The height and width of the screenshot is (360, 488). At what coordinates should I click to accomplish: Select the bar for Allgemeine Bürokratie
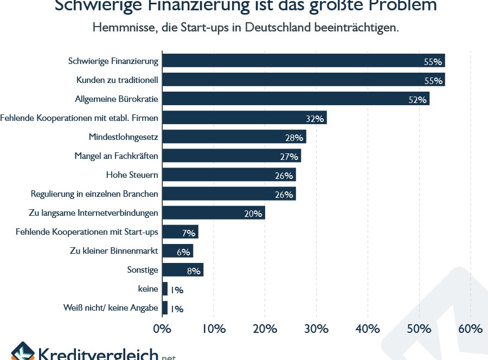(x=296, y=99)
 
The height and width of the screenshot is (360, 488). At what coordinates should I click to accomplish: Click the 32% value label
(x=314, y=119)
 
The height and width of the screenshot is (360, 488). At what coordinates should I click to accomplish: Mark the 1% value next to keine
(x=177, y=290)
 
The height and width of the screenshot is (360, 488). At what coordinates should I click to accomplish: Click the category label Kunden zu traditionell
(x=117, y=80)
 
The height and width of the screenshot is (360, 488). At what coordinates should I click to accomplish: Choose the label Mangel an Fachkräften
(x=116, y=156)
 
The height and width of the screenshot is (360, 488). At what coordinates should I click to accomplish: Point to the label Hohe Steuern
(x=132, y=175)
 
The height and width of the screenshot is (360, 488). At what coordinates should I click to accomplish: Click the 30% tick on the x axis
(x=316, y=329)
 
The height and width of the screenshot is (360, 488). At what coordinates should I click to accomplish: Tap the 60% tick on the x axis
(x=470, y=329)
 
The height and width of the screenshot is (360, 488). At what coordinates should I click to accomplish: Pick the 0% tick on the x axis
(x=162, y=329)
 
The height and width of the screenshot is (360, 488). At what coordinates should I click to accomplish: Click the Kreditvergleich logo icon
(x=22, y=352)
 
